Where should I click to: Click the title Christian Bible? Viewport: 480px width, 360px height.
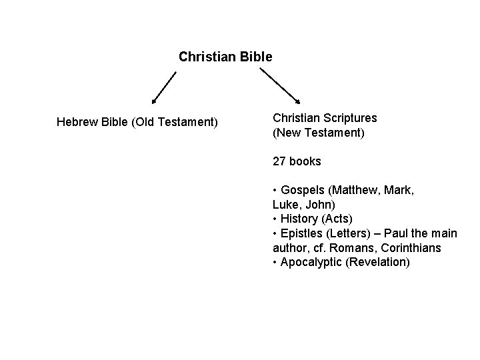tap(225, 57)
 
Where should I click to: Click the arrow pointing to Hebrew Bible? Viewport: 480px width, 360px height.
tap(164, 87)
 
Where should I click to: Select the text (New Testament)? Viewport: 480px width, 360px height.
tap(319, 133)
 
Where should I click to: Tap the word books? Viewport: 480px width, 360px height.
tap(306, 161)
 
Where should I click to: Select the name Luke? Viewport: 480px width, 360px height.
tap(284, 205)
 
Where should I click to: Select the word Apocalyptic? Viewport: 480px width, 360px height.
tap(310, 262)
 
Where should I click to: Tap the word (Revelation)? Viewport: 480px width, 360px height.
tap(376, 262)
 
